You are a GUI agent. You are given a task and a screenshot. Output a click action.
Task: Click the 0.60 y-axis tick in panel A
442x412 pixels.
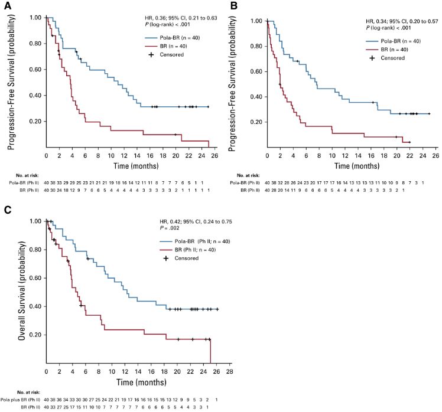pyautogui.click(x=33, y=70)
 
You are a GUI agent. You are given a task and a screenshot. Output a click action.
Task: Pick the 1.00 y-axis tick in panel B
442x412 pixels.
pyautogui.click(x=256, y=21)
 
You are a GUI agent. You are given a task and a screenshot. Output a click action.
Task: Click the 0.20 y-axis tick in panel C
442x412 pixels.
pyautogui.click(x=33, y=335)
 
